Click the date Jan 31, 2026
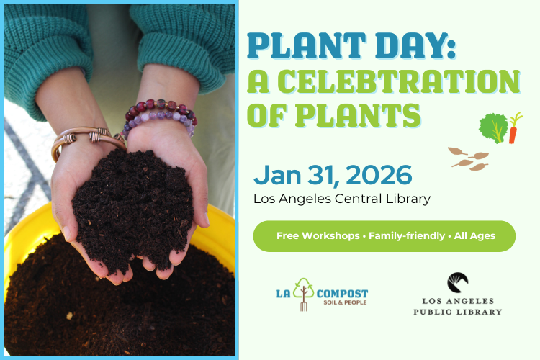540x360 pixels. (x=332, y=175)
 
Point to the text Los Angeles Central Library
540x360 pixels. (x=341, y=199)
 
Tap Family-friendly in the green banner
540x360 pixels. (x=407, y=236)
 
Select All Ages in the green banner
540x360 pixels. (x=474, y=236)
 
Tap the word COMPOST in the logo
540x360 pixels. (x=342, y=294)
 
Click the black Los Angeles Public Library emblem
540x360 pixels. (x=457, y=282)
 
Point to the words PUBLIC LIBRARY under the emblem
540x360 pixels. (x=457, y=312)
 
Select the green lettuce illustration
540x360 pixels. (x=493, y=127)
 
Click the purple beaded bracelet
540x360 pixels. (x=160, y=115)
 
